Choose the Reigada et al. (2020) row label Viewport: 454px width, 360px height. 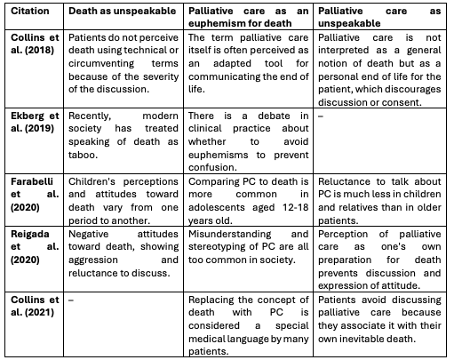33,245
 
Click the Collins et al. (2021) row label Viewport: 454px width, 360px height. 33,307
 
